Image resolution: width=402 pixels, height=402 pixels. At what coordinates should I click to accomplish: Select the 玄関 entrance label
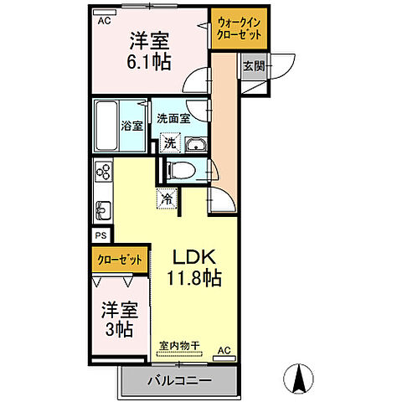251,65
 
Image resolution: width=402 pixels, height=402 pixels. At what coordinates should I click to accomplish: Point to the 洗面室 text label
176,118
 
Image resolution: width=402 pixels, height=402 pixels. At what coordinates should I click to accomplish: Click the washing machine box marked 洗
170,143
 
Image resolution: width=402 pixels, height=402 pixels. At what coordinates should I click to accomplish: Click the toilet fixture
181,170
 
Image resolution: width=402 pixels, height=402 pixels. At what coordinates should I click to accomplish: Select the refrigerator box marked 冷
167,199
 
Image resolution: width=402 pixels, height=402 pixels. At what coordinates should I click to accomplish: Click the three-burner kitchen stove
103,173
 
